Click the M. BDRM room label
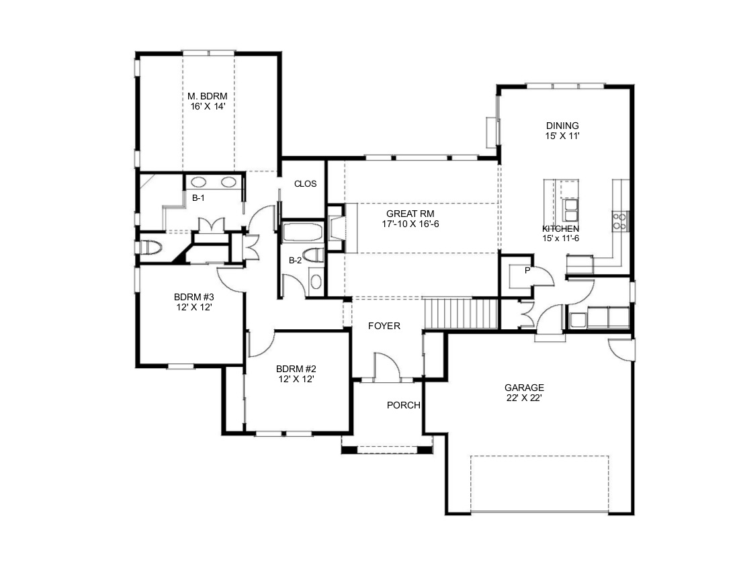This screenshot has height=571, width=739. [208, 96]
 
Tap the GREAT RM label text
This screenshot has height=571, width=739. [410, 214]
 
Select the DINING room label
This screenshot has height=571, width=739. [562, 126]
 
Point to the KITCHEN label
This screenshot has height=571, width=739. [560, 229]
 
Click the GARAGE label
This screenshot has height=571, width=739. [524, 388]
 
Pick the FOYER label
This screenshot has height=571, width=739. [384, 326]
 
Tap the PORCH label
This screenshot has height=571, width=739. [404, 405]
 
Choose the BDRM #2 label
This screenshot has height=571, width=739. [296, 369]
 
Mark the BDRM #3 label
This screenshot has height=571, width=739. [193, 298]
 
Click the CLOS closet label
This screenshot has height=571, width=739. [306, 184]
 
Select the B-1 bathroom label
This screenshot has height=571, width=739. [198, 198]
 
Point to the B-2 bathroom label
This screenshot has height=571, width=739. [295, 260]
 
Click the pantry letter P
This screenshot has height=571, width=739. [527, 271]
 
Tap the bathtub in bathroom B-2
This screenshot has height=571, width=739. [302, 232]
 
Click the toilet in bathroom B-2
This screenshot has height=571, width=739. [314, 255]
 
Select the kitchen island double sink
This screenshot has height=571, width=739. [570, 210]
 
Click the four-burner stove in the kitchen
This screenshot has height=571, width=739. [620, 222]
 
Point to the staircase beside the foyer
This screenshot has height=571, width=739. [462, 313]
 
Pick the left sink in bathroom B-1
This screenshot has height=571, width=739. [198, 182]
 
